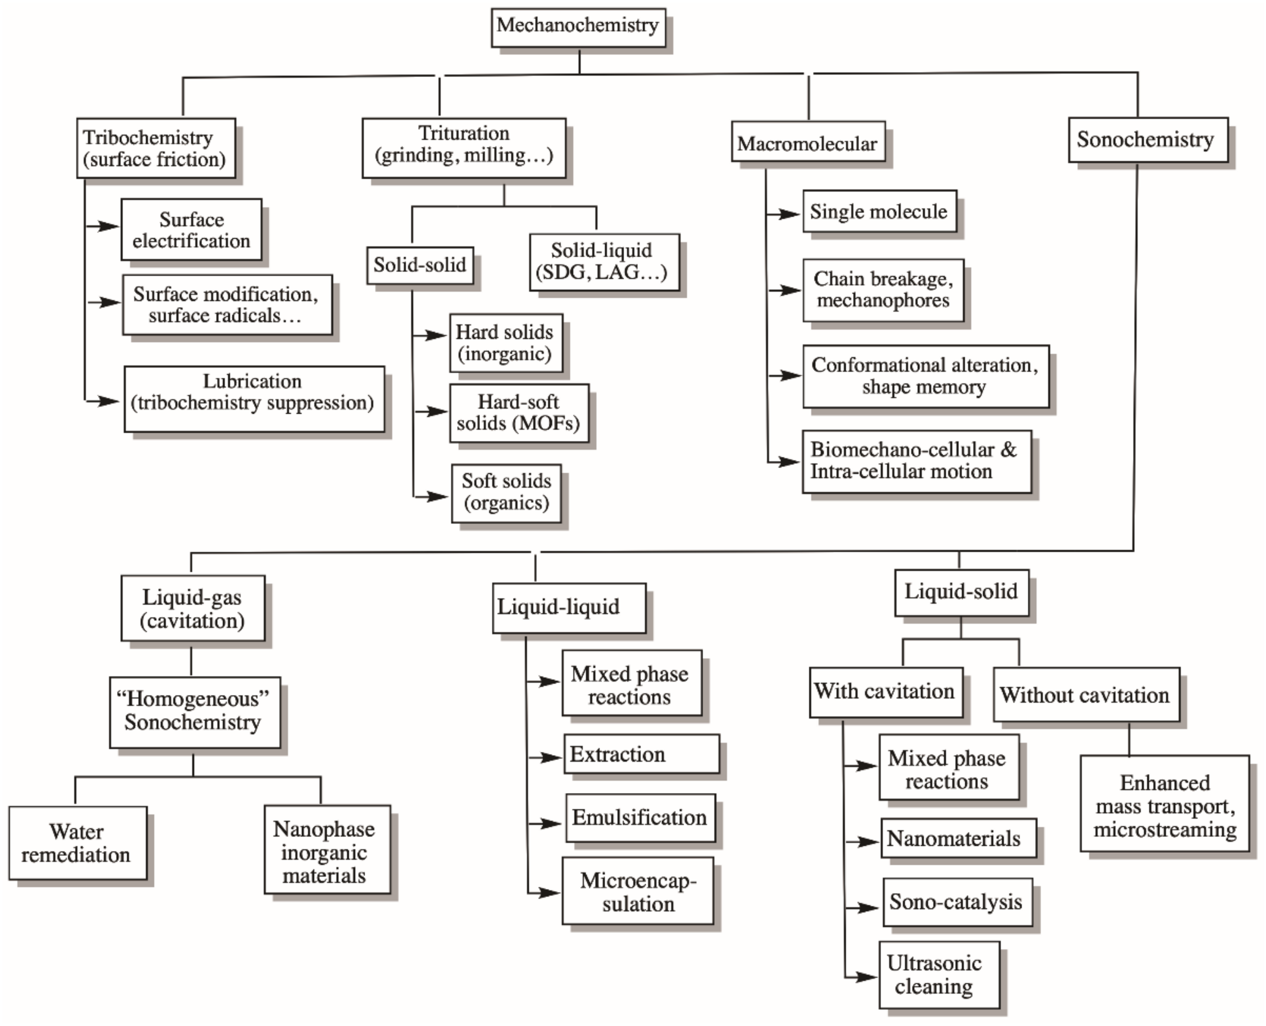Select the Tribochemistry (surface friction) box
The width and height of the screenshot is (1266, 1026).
click(155, 148)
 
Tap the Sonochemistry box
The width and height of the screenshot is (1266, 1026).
click(1147, 140)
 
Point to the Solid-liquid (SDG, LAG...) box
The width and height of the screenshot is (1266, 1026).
click(603, 262)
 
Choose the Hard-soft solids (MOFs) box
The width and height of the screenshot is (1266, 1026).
click(518, 413)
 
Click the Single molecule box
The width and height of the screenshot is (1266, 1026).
click(879, 212)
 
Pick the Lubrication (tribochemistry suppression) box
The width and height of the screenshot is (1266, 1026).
click(254, 399)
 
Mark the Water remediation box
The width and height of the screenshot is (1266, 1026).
click(77, 843)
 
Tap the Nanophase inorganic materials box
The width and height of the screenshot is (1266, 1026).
click(327, 852)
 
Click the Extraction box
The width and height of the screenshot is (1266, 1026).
click(641, 754)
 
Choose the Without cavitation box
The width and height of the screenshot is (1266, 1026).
click(1086, 695)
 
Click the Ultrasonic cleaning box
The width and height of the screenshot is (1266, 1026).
click(938, 975)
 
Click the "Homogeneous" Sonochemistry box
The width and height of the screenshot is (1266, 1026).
click(194, 711)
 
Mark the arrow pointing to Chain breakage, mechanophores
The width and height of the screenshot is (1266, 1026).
click(787, 290)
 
